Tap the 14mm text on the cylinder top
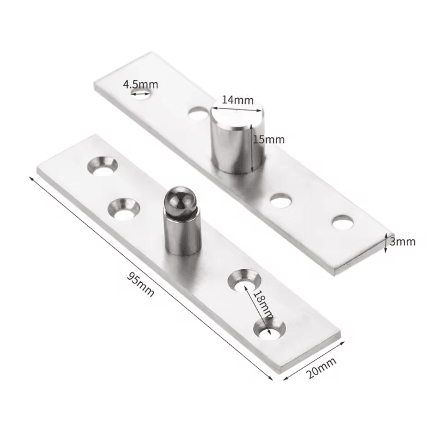(238, 100)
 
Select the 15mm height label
(268, 139)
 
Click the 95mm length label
(141, 284)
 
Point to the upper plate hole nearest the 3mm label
(343, 223)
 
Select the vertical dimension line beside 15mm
(252, 148)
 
